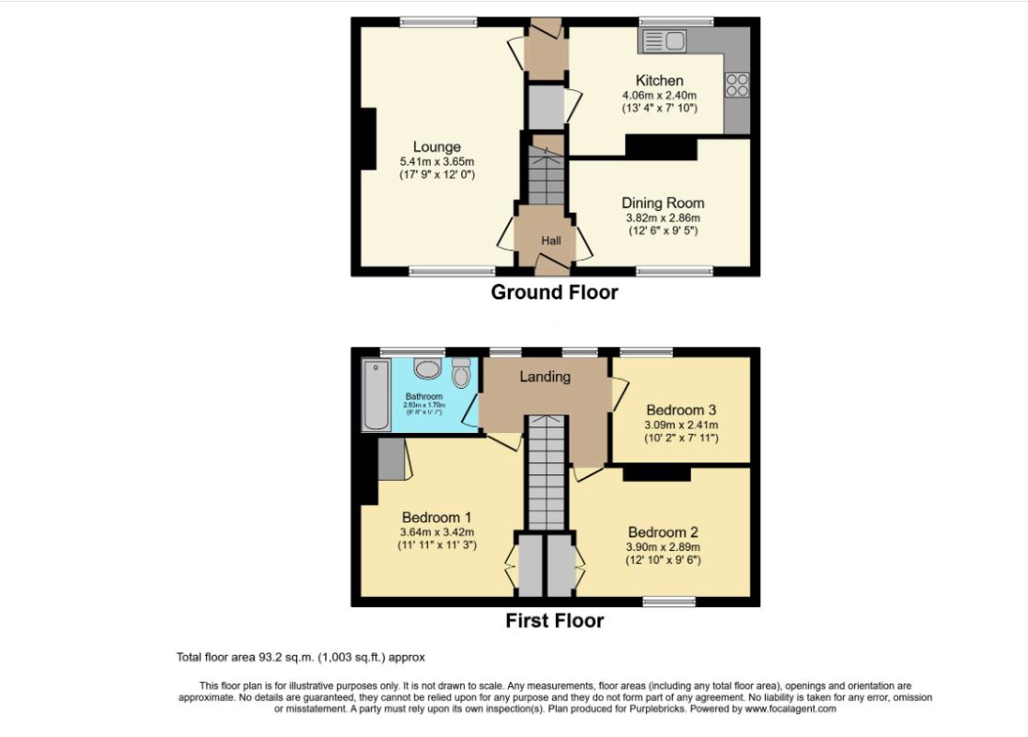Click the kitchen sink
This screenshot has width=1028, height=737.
(664, 40)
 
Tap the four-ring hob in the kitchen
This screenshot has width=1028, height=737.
(736, 85)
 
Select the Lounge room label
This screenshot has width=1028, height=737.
(436, 146)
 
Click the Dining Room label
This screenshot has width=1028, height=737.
(663, 203)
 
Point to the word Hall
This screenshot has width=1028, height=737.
(550, 240)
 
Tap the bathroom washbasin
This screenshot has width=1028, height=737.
(427, 369)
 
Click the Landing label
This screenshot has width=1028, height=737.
(545, 376)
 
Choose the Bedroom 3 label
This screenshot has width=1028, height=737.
(681, 410)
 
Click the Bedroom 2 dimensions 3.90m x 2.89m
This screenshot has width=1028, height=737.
(663, 546)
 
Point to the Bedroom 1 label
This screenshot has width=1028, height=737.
(436, 517)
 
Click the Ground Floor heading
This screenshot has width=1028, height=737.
(554, 293)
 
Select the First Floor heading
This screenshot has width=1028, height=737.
(554, 620)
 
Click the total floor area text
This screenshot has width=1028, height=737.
(300, 657)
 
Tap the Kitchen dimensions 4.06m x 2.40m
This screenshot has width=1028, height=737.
(659, 95)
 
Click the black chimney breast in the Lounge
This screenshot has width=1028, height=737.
(368, 138)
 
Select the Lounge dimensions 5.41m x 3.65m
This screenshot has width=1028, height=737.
(437, 160)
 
